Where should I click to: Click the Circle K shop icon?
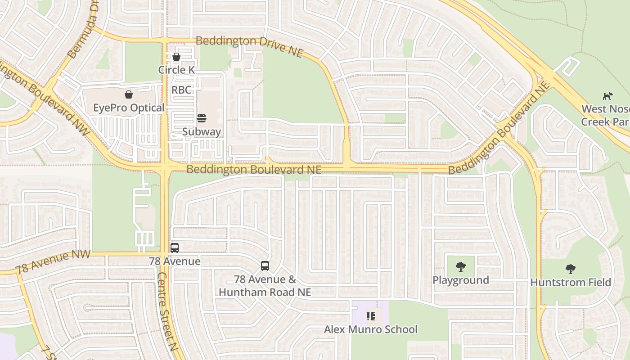click(x=176, y=57)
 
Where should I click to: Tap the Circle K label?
click(x=176, y=70)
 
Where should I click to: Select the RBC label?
click(x=181, y=90)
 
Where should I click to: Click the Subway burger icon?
click(x=202, y=118)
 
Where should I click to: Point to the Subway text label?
click(x=202, y=132)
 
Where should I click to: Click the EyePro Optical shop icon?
click(x=129, y=94)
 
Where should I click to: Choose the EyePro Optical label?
click(x=129, y=108)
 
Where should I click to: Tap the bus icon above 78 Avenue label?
click(x=175, y=247)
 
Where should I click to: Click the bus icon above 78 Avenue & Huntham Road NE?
click(x=265, y=265)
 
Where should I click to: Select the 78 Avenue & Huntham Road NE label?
click(x=265, y=286)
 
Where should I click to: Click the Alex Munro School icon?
click(x=371, y=316)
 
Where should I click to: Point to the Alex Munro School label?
click(x=371, y=329)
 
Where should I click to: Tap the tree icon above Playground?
click(x=460, y=267)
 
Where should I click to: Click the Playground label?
click(x=460, y=280)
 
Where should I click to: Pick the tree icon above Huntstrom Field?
click(x=570, y=269)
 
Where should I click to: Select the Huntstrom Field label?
click(x=571, y=283)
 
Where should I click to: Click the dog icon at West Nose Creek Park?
click(x=607, y=96)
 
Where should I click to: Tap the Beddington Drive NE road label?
click(x=249, y=45)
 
